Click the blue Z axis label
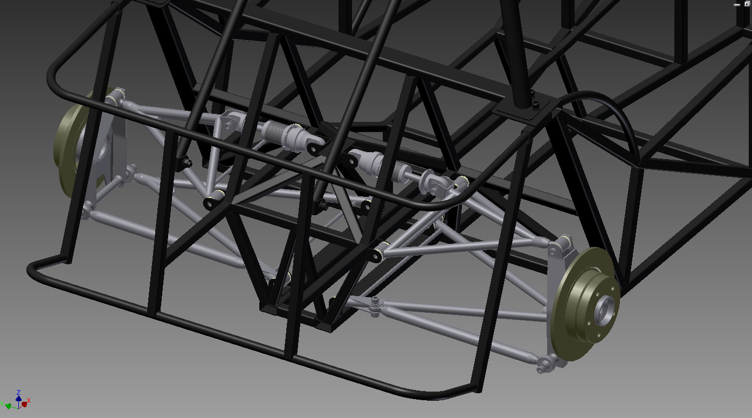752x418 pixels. pyautogui.click(x=19, y=392)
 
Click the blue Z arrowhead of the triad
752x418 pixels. pyautogui.click(x=19, y=398)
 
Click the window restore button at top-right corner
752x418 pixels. pyautogui.click(x=747, y=4)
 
